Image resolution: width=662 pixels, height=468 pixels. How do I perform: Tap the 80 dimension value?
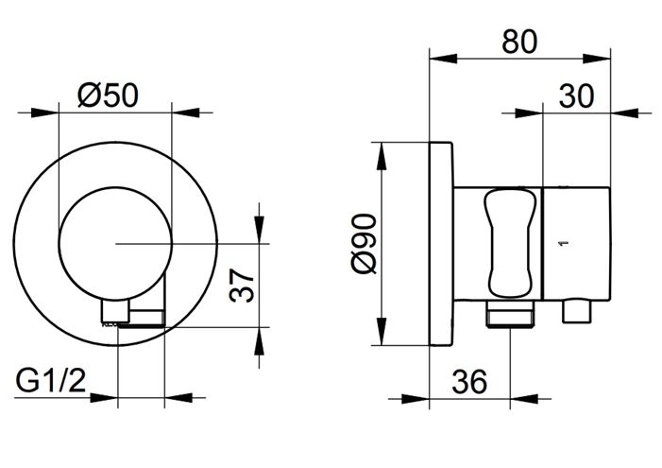pos(519,42)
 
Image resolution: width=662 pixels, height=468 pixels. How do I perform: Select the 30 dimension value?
pos(576,96)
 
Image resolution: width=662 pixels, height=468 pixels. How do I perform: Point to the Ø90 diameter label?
pos(364,244)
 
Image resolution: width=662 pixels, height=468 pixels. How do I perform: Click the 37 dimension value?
pos(242,286)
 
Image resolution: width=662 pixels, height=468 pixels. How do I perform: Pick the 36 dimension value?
pos(469,381)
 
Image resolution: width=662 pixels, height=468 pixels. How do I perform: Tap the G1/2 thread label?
pos(51,380)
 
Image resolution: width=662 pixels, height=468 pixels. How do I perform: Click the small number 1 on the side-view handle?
pos(566,243)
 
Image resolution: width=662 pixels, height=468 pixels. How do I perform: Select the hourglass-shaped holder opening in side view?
pos(509,244)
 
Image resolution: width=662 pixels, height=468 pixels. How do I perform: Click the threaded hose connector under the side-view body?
pos(510,314)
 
